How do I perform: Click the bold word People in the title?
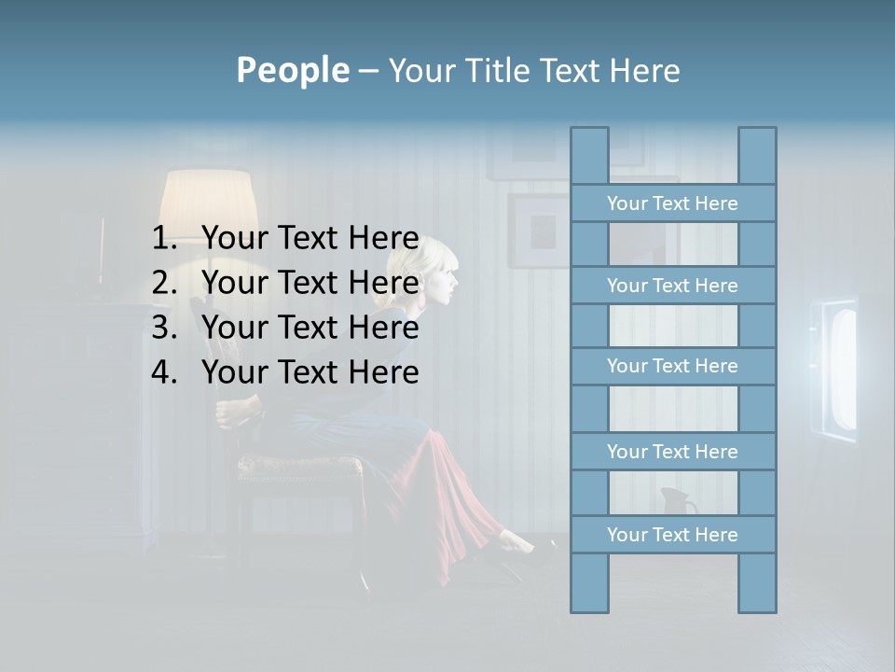292,71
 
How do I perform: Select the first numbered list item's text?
310,238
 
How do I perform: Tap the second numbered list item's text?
310,283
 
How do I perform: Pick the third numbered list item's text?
310,328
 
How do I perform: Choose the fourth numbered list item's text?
310,372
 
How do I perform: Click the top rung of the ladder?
672,203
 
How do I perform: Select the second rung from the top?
672,286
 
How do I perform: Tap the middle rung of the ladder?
672,367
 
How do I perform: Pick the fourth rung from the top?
672,452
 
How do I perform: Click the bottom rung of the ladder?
672,535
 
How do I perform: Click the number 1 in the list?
163,239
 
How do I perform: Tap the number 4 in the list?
163,373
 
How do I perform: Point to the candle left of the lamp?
102,247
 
